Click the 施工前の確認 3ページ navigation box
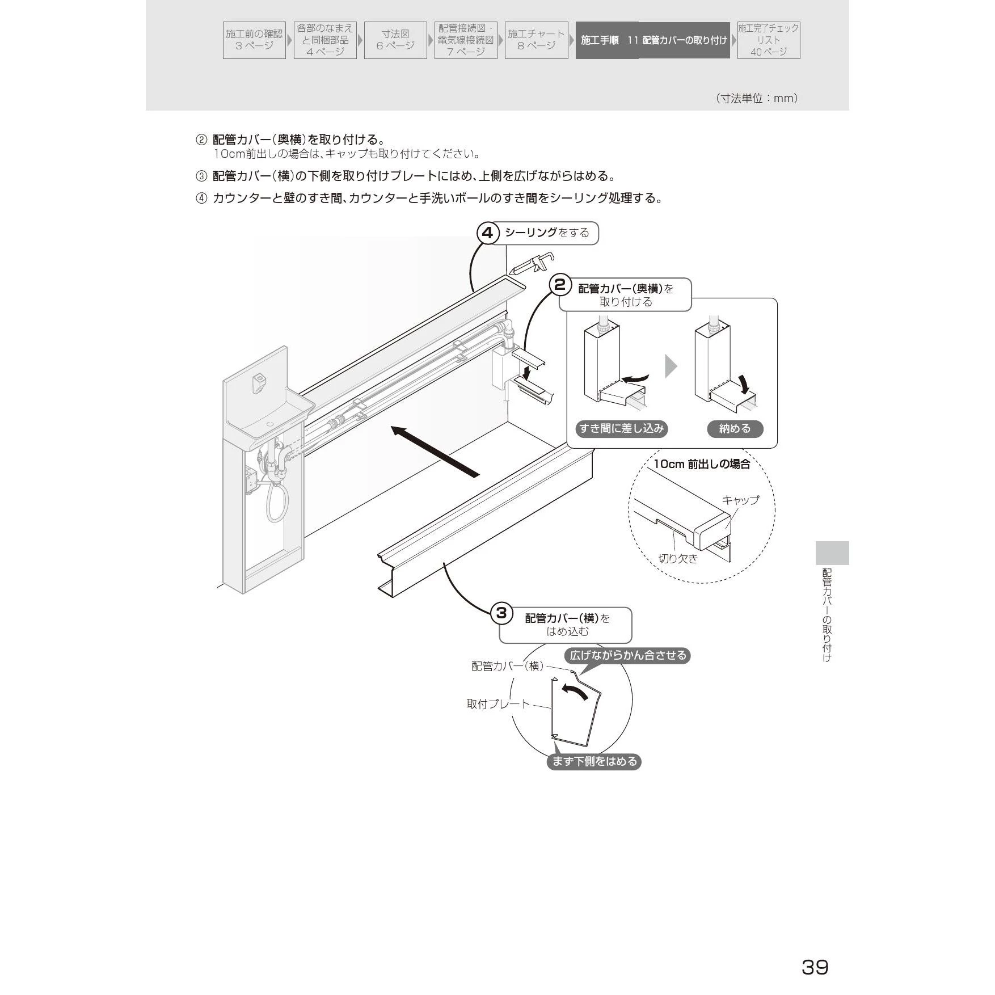tap(254, 40)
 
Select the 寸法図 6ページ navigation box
tap(395, 40)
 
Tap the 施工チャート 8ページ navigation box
tap(536, 40)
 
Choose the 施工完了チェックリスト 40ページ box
tap(769, 40)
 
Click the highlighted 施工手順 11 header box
tap(653, 40)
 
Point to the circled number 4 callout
tap(488, 233)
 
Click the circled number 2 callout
tap(560, 285)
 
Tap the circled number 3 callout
tap(501, 613)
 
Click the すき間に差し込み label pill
tap(622, 429)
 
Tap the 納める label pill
tap(735, 429)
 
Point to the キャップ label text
tap(740, 500)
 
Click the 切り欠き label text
tap(678, 558)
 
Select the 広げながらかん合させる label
tap(628, 655)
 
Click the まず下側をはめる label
tap(595, 761)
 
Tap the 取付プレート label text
tap(498, 704)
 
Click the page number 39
tap(815, 967)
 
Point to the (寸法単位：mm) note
tap(757, 98)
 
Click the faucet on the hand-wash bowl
tap(259, 380)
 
